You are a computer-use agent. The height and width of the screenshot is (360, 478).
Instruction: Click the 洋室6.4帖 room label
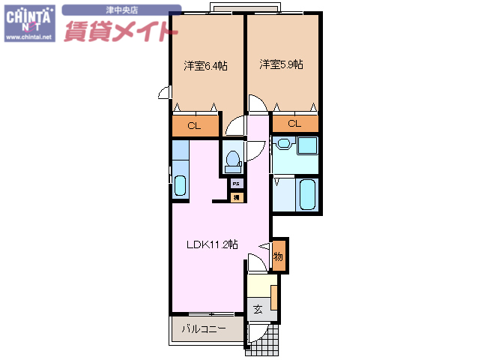tap(206, 66)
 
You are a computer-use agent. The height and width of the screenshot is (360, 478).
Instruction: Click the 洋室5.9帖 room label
tap(281, 65)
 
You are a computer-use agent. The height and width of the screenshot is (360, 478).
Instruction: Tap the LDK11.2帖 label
tap(212, 244)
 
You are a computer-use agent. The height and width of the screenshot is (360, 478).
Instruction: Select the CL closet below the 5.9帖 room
tap(294, 124)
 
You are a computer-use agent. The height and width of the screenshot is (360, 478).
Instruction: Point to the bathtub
tap(306, 195)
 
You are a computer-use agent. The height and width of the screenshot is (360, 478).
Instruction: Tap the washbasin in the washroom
tap(283, 144)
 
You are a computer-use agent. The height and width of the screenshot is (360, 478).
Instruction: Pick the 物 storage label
tap(278, 256)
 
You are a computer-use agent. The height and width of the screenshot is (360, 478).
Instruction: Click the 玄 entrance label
tap(257, 308)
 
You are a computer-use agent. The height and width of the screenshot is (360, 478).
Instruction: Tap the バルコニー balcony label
tap(203, 328)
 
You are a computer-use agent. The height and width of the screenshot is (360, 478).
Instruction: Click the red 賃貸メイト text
tap(120, 31)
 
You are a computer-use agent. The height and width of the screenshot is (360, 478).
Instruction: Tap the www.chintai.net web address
tap(28, 36)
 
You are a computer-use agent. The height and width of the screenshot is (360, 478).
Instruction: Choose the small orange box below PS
tap(235, 197)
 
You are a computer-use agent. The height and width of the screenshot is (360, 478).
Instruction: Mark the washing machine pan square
tap(307, 145)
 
